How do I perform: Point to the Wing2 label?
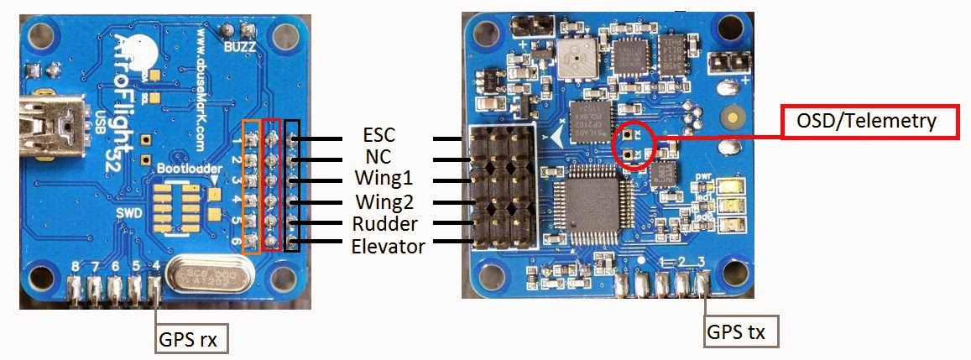386,202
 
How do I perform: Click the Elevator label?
387,246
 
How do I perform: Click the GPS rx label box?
192,340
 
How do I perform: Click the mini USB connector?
46,126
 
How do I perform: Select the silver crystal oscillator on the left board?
211,276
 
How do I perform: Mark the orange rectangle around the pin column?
251,185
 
